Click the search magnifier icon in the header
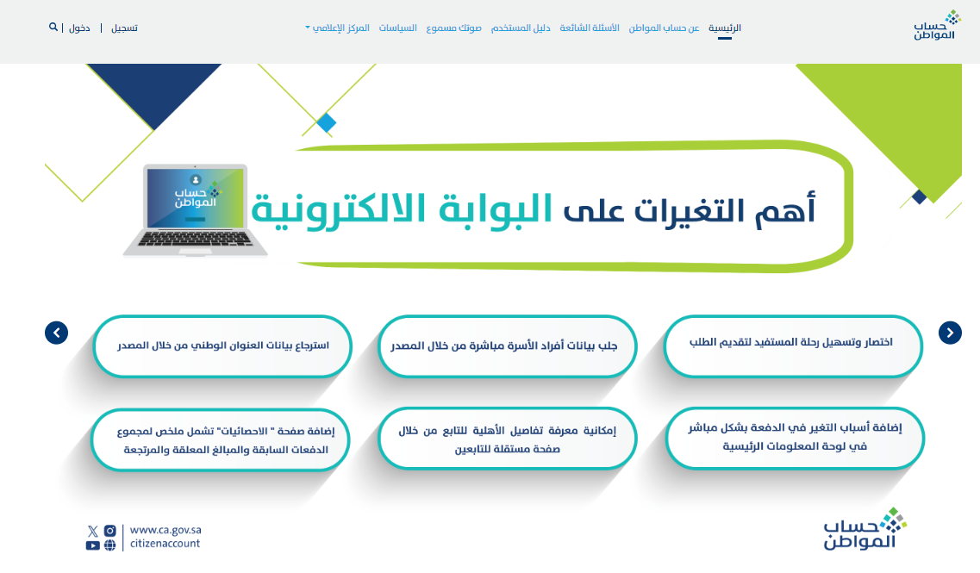(x=53, y=27)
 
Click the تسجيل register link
(x=124, y=28)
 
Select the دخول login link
(x=79, y=28)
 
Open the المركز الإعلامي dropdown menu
(x=338, y=28)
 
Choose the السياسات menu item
(x=397, y=28)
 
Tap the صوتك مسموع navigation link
(x=453, y=28)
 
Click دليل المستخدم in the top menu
(x=521, y=28)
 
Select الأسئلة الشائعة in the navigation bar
(x=590, y=28)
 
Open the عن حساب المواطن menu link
(x=664, y=28)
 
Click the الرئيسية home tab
(x=724, y=28)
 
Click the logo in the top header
(x=936, y=25)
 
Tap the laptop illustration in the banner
(x=196, y=210)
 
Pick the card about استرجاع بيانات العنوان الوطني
(x=222, y=346)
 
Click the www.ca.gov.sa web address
(x=165, y=530)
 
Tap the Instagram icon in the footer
(x=110, y=531)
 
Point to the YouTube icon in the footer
(x=92, y=545)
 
